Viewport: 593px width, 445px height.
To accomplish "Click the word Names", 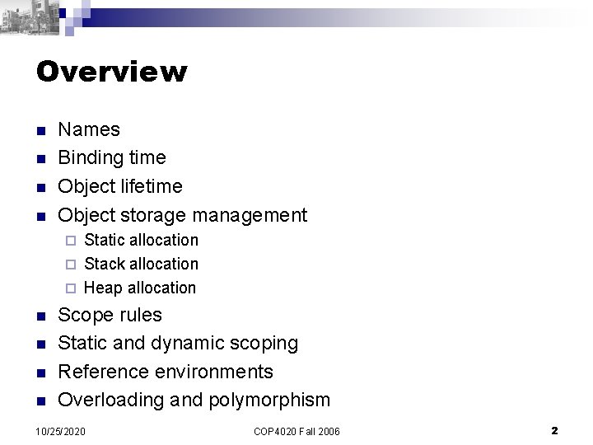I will (89, 129).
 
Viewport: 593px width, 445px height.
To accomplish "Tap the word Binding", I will (91, 158).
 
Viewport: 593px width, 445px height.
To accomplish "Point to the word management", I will (250, 216).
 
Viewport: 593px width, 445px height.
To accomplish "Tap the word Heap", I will (102, 288).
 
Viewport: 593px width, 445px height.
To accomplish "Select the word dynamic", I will (185, 344).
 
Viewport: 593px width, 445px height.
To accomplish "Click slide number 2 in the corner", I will (554, 430).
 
